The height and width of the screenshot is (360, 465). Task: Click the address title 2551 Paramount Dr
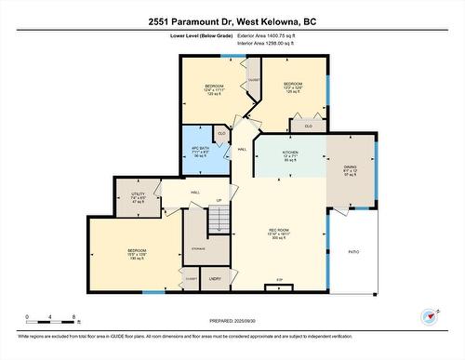point(232,20)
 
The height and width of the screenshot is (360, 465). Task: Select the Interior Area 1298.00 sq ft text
point(278,43)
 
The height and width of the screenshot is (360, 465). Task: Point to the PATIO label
point(353,251)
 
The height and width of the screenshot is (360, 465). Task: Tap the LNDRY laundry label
point(215,278)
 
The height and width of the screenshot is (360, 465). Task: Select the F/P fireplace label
point(278,279)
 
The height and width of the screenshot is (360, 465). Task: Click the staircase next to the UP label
point(217,220)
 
